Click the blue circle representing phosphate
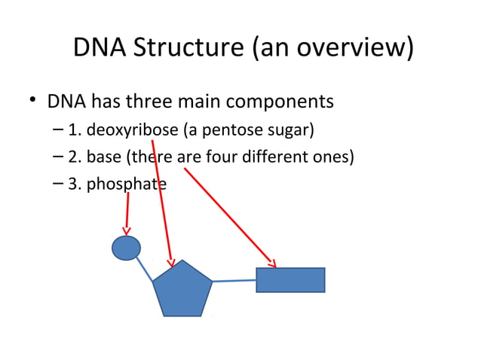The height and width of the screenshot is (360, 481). click(126, 248)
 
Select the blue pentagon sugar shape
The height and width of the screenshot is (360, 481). click(182, 291)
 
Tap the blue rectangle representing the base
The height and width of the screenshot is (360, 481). click(290, 279)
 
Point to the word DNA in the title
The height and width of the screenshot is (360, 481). click(97, 48)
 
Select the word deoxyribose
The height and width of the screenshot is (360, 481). click(133, 130)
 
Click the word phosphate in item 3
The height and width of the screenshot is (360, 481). click(126, 184)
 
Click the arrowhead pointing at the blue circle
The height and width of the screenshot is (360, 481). click(127, 230)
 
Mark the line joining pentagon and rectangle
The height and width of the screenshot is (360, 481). click(234, 280)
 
